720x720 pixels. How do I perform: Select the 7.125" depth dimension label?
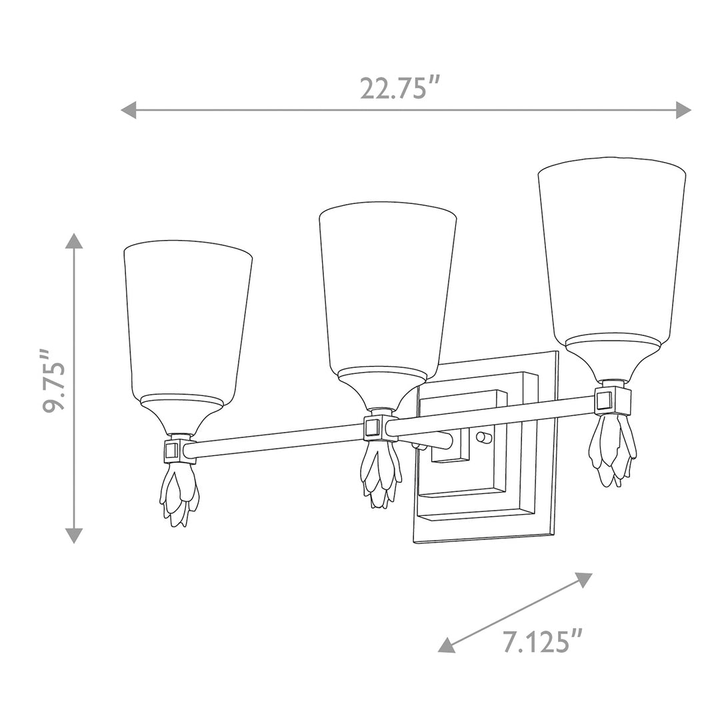point(543,641)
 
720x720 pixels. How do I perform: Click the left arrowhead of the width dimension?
point(129,110)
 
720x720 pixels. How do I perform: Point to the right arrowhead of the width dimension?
point(683,110)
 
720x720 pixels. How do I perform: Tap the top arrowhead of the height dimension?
point(75,241)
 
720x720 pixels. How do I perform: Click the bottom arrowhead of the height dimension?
point(75,535)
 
